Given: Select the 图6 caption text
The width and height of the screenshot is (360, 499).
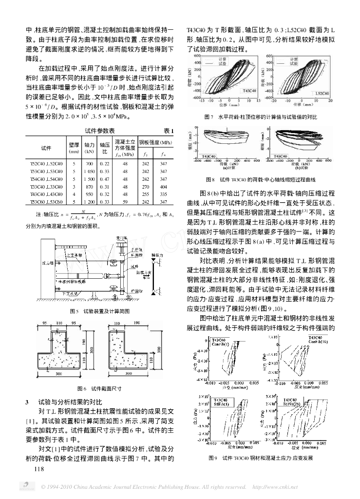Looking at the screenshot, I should [x=99, y=388].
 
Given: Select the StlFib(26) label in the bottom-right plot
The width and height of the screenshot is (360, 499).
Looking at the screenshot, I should [x=294, y=404].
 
